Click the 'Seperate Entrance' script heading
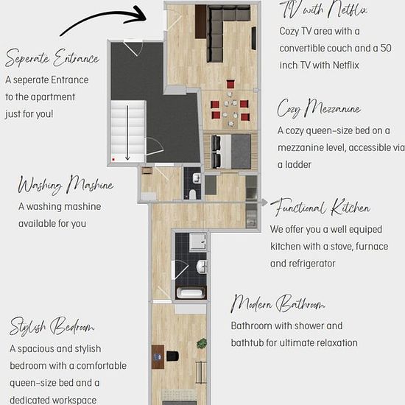[52, 57]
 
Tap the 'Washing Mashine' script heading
[66, 184]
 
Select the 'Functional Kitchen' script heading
[320, 207]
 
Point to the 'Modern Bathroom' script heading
[278, 303]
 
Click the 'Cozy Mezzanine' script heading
[319, 108]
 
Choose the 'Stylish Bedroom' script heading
[52, 326]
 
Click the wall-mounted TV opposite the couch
[253, 38]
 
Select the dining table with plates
[230, 109]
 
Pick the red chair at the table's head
[230, 85]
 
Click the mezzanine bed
[231, 152]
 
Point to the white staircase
[127, 132]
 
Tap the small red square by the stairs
[113, 160]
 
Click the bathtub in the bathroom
[191, 293]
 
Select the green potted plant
[202, 344]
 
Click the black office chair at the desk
[172, 356]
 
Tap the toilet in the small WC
[192, 194]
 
